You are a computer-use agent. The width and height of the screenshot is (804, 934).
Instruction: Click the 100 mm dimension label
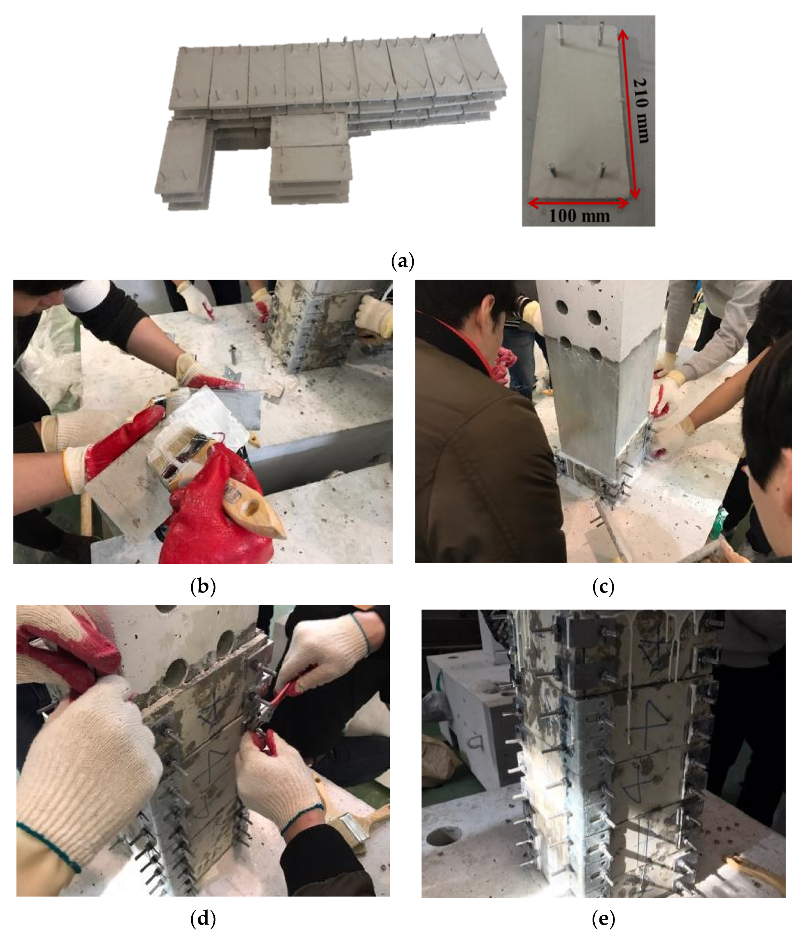(579, 216)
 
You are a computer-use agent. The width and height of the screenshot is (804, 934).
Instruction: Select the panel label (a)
(402, 261)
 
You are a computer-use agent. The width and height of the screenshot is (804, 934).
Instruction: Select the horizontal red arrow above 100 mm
(578, 203)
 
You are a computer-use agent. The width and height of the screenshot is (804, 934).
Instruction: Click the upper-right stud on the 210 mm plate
(601, 34)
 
